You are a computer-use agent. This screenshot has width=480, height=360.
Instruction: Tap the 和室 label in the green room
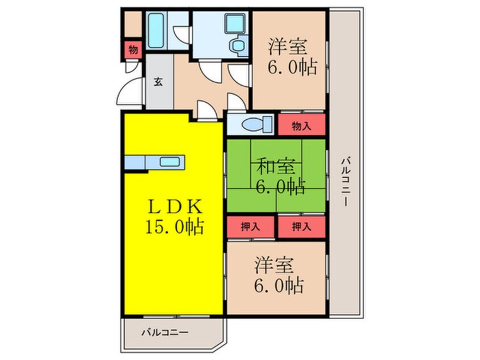click(x=276, y=167)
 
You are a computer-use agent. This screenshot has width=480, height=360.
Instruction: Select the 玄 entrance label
click(x=158, y=82)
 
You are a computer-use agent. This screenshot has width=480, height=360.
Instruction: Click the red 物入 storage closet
click(x=301, y=125)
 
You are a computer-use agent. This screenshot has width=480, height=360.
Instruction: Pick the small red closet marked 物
click(x=133, y=49)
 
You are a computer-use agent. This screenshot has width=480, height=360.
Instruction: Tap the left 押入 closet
click(x=250, y=227)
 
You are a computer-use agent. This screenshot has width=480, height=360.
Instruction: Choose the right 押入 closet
click(x=301, y=227)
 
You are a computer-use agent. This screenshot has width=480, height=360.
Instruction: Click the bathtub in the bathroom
click(x=156, y=31)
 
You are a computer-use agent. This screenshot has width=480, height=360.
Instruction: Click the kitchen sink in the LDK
click(x=170, y=162)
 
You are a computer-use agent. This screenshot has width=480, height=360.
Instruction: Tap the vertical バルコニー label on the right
click(x=346, y=181)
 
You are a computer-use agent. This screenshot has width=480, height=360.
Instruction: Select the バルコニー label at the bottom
click(x=165, y=332)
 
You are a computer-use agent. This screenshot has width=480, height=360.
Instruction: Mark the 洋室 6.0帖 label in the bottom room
click(x=279, y=275)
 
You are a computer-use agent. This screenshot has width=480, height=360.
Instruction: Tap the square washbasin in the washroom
click(x=235, y=23)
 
